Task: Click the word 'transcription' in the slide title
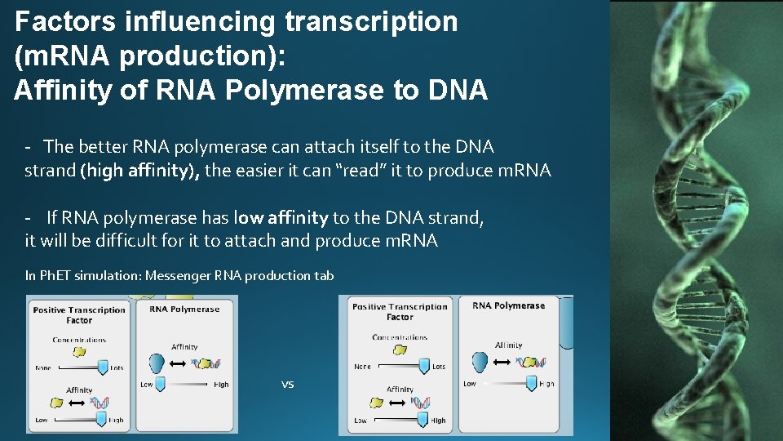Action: pyautogui.click(x=368, y=22)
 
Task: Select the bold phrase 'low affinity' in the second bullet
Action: pyautogui.click(x=281, y=217)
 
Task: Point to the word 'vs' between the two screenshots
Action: pyautogui.click(x=287, y=384)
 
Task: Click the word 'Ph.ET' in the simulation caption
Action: pyautogui.click(x=54, y=276)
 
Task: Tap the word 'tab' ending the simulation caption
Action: pyautogui.click(x=325, y=276)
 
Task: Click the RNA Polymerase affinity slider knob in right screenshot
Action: pyautogui.click(x=532, y=383)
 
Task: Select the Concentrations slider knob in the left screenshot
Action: pyautogui.click(x=103, y=367)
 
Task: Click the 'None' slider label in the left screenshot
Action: pyautogui.click(x=43, y=368)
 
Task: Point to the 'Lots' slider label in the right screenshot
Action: pyautogui.click(x=439, y=367)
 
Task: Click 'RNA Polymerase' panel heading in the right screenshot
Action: pyautogui.click(x=508, y=305)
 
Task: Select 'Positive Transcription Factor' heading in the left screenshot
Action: pyautogui.click(x=79, y=314)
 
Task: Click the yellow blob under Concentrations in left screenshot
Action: pyautogui.click(x=80, y=351)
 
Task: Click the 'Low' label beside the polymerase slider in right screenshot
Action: pyautogui.click(x=470, y=384)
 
